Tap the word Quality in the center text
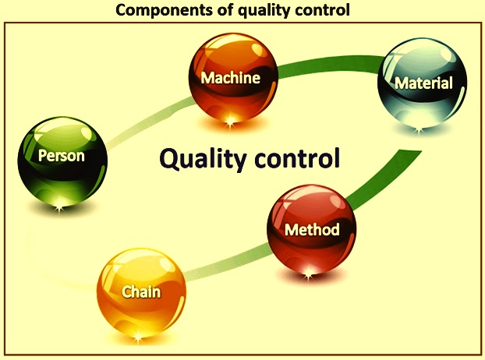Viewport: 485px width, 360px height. [x=203, y=158]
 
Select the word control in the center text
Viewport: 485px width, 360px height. [x=297, y=157]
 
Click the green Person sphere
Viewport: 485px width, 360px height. [x=62, y=161]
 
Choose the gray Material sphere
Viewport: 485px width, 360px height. [x=422, y=83]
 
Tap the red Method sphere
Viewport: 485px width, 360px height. [x=311, y=229]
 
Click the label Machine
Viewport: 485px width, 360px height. [x=231, y=78]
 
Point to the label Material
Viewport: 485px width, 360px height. [x=423, y=83]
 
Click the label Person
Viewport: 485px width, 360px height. [x=62, y=155]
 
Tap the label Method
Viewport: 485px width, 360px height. [x=312, y=230]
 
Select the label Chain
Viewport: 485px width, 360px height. [x=141, y=292]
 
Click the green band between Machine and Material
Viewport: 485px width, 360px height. [x=329, y=63]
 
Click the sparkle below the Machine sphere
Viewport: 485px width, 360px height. [x=230, y=121]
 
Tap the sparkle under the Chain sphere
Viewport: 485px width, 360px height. [x=138, y=337]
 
